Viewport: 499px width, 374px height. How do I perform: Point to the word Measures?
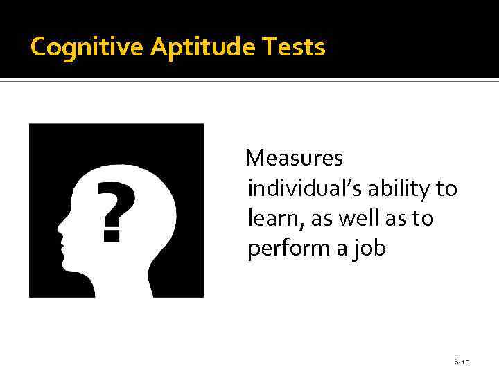295,159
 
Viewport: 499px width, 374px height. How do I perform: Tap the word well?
358,219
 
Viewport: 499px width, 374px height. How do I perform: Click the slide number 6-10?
462,362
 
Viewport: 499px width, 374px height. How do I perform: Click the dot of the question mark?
110,235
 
